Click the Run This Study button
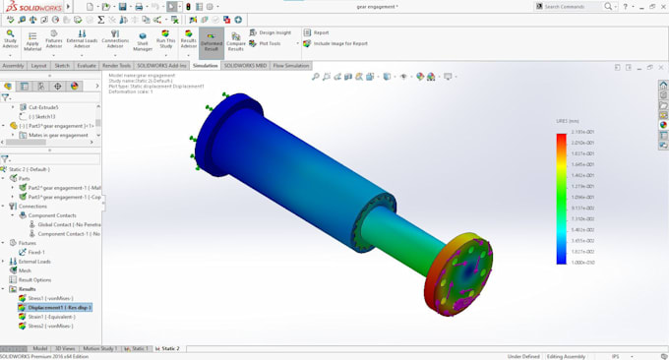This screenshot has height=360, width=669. (x=165, y=41)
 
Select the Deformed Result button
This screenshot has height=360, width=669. (x=211, y=41)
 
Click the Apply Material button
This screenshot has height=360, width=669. (x=32, y=41)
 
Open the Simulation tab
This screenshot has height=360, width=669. (x=206, y=66)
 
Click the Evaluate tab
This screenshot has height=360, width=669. (x=87, y=66)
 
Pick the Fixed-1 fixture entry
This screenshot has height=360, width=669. (x=37, y=251)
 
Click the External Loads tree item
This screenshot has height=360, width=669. (x=33, y=262)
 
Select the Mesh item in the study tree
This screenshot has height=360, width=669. (x=24, y=270)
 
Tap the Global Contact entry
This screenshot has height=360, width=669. (x=64, y=224)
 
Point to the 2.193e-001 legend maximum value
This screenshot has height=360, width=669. (x=581, y=132)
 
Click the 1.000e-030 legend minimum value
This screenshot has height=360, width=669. (x=581, y=262)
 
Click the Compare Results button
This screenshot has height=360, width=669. (x=236, y=41)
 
